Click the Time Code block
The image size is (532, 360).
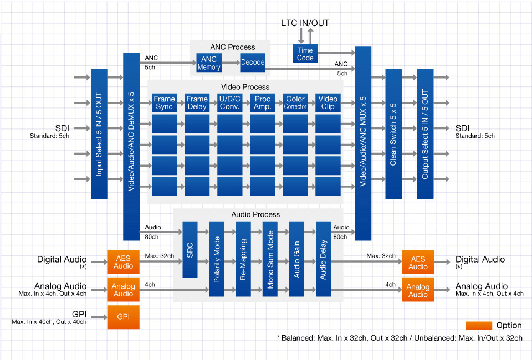click(x=305, y=54)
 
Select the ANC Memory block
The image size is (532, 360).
click(x=209, y=63)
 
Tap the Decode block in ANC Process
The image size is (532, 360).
click(x=253, y=63)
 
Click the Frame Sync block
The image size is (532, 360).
click(x=165, y=102)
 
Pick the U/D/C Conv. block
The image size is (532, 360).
click(x=229, y=102)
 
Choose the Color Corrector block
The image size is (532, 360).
click(x=295, y=102)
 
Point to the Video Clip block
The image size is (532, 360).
click(x=328, y=102)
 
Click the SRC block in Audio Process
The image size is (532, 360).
click(x=190, y=249)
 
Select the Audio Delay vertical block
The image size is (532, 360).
click(x=324, y=259)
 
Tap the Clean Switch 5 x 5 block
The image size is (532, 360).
click(x=393, y=134)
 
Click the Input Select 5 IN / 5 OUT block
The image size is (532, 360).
click(x=99, y=134)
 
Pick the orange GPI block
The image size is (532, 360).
click(x=123, y=317)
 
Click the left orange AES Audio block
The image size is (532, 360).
click(x=123, y=263)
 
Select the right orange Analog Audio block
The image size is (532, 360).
click(x=418, y=290)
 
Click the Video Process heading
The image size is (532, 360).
click(x=245, y=86)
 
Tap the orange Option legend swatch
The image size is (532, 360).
click(x=479, y=325)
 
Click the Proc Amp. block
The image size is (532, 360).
click(x=263, y=102)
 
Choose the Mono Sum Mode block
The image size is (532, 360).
click(x=270, y=259)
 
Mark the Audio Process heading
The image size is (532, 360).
click(x=255, y=214)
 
